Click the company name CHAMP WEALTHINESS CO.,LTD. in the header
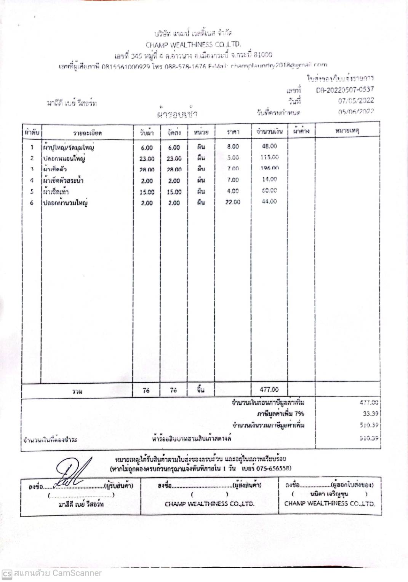pos(193,45)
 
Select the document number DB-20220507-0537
pos(345,90)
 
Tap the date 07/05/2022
pos(356,101)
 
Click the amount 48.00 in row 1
pos(269,146)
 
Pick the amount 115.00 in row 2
pos(269,157)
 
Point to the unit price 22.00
pos(232,202)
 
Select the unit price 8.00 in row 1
pos(233,147)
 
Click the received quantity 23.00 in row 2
pos(147,159)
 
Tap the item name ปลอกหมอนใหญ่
pos(64,158)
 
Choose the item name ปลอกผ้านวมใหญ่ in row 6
pos(65,203)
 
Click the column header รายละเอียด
pos(87,133)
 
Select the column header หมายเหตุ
pos(347,131)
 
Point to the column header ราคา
pos(233,132)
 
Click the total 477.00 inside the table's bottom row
pos(269,390)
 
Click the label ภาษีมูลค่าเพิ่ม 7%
pos(280,414)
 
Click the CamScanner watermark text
pos(58,573)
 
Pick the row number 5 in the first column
pos(32,192)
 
